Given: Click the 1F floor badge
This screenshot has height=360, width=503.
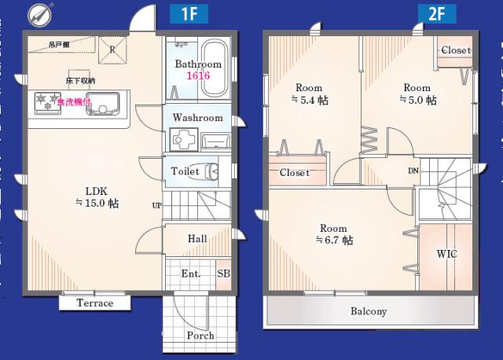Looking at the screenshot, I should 189,13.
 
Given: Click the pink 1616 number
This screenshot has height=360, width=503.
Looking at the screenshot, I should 197,76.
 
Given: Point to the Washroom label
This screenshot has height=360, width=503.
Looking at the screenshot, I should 197,118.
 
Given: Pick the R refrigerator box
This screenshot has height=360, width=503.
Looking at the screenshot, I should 112,49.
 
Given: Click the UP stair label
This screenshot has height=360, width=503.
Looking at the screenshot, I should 157,206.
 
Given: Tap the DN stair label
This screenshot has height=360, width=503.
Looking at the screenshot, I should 413,171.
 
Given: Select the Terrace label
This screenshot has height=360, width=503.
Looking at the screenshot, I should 95,303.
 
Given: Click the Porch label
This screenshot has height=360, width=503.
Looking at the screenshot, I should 200,336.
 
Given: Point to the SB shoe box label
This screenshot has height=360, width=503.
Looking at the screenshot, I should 223,274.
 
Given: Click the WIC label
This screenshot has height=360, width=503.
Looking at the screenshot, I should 446,254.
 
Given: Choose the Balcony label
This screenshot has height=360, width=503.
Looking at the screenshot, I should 369,311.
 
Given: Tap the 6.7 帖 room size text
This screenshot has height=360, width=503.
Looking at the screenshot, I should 333,241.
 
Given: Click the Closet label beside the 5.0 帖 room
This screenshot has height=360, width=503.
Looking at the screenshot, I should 455,50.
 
